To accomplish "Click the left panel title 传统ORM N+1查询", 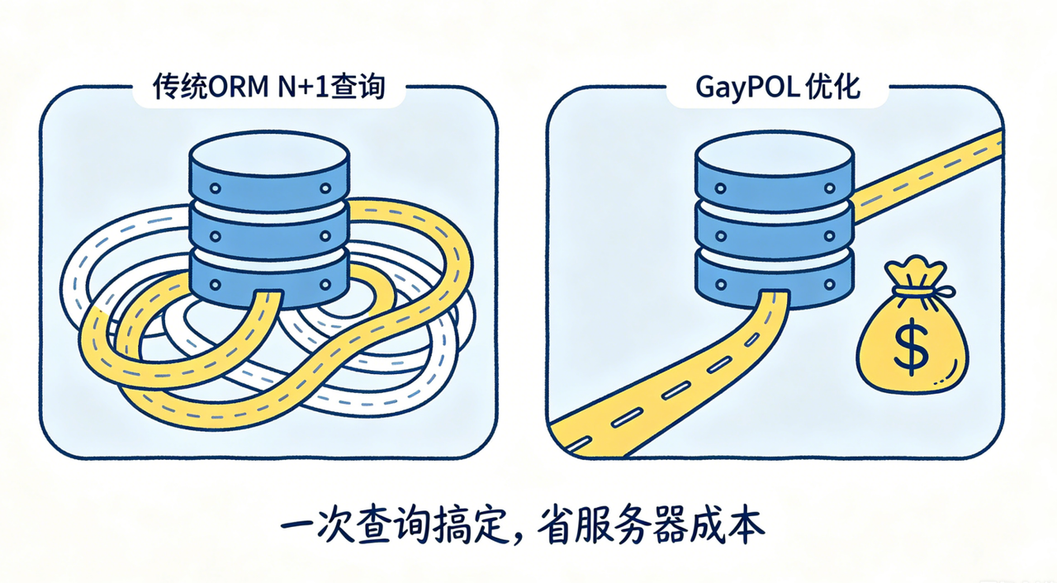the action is click(x=269, y=87).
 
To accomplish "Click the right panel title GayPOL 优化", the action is click(x=778, y=87).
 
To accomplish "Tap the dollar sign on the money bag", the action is click(x=911, y=347).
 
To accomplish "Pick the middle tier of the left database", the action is click(x=269, y=234).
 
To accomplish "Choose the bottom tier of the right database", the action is click(x=775, y=280).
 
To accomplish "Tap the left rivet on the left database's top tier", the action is click(x=216, y=188).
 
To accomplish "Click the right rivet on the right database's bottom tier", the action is click(x=830, y=284).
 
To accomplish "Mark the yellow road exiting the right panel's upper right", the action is click(x=927, y=177).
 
